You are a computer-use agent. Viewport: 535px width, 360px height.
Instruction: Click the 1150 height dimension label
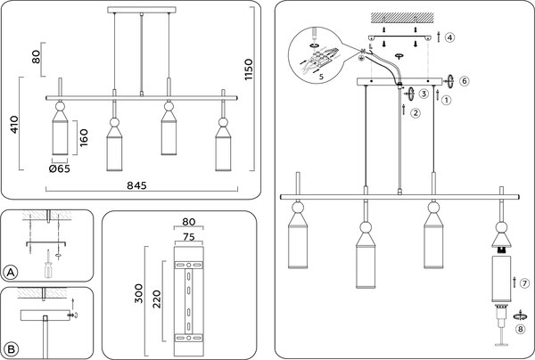pos(249,70)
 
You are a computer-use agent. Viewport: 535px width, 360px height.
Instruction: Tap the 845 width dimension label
pos(136,185)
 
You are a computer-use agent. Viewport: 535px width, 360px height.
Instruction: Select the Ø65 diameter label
pos(60,168)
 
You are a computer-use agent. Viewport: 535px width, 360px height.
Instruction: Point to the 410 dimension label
pos(14,125)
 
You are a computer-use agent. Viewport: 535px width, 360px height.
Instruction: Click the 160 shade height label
pos(83,138)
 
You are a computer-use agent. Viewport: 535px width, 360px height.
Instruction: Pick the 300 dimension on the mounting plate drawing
pos(139,293)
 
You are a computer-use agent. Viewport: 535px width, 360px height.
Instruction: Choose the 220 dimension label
pos(157,299)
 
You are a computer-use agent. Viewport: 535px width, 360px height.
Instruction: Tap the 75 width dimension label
pos(189,237)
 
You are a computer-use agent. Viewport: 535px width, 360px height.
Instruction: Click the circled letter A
pos(11,273)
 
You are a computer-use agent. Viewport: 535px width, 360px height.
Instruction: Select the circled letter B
pos(11,349)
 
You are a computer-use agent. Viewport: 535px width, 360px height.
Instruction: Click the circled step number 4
pos(449,37)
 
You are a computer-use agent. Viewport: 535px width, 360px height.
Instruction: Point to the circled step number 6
pos(464,81)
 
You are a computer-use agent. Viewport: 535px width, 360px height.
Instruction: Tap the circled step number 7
pos(524,283)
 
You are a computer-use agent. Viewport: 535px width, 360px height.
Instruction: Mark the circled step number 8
pos(521,330)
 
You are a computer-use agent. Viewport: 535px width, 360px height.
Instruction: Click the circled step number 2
pos(416,113)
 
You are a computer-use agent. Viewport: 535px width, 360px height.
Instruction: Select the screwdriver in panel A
pos(49,264)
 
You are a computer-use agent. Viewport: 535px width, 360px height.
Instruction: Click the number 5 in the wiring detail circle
pos(321,77)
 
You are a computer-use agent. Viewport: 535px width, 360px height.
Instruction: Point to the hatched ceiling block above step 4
pos(403,18)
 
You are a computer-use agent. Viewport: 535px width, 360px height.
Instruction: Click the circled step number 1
pos(447,100)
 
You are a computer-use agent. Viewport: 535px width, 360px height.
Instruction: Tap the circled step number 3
pos(424,94)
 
